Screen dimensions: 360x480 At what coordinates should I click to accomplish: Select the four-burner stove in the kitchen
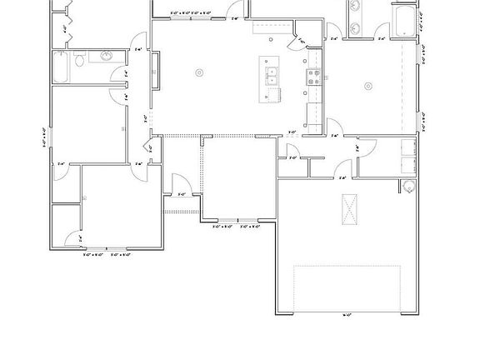(315, 77)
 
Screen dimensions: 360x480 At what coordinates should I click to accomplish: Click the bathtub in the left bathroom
(60, 67)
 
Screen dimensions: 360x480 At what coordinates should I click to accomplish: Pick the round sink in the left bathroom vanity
(106, 57)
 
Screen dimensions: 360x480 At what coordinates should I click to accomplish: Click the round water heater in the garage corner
(407, 185)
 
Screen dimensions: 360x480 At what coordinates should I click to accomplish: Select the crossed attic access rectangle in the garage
(351, 208)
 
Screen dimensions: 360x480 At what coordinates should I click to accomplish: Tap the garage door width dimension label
(346, 314)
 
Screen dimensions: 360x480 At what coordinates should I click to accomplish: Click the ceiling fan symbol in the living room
(198, 73)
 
